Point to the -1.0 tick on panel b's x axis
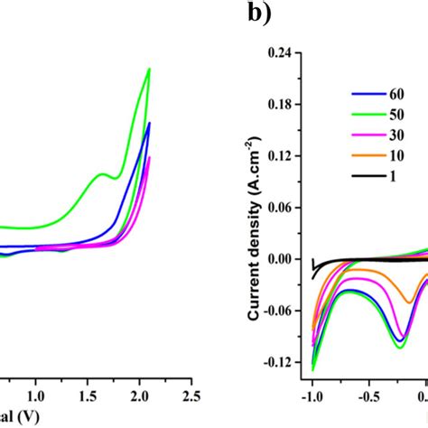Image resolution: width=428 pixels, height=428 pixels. (x=312, y=395)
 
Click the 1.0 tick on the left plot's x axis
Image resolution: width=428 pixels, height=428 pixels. (x=36, y=395)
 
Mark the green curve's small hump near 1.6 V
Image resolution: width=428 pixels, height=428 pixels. (x=102, y=174)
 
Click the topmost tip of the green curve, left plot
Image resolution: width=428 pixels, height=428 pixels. (x=149, y=69)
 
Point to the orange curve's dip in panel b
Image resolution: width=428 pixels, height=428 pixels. (x=410, y=302)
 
